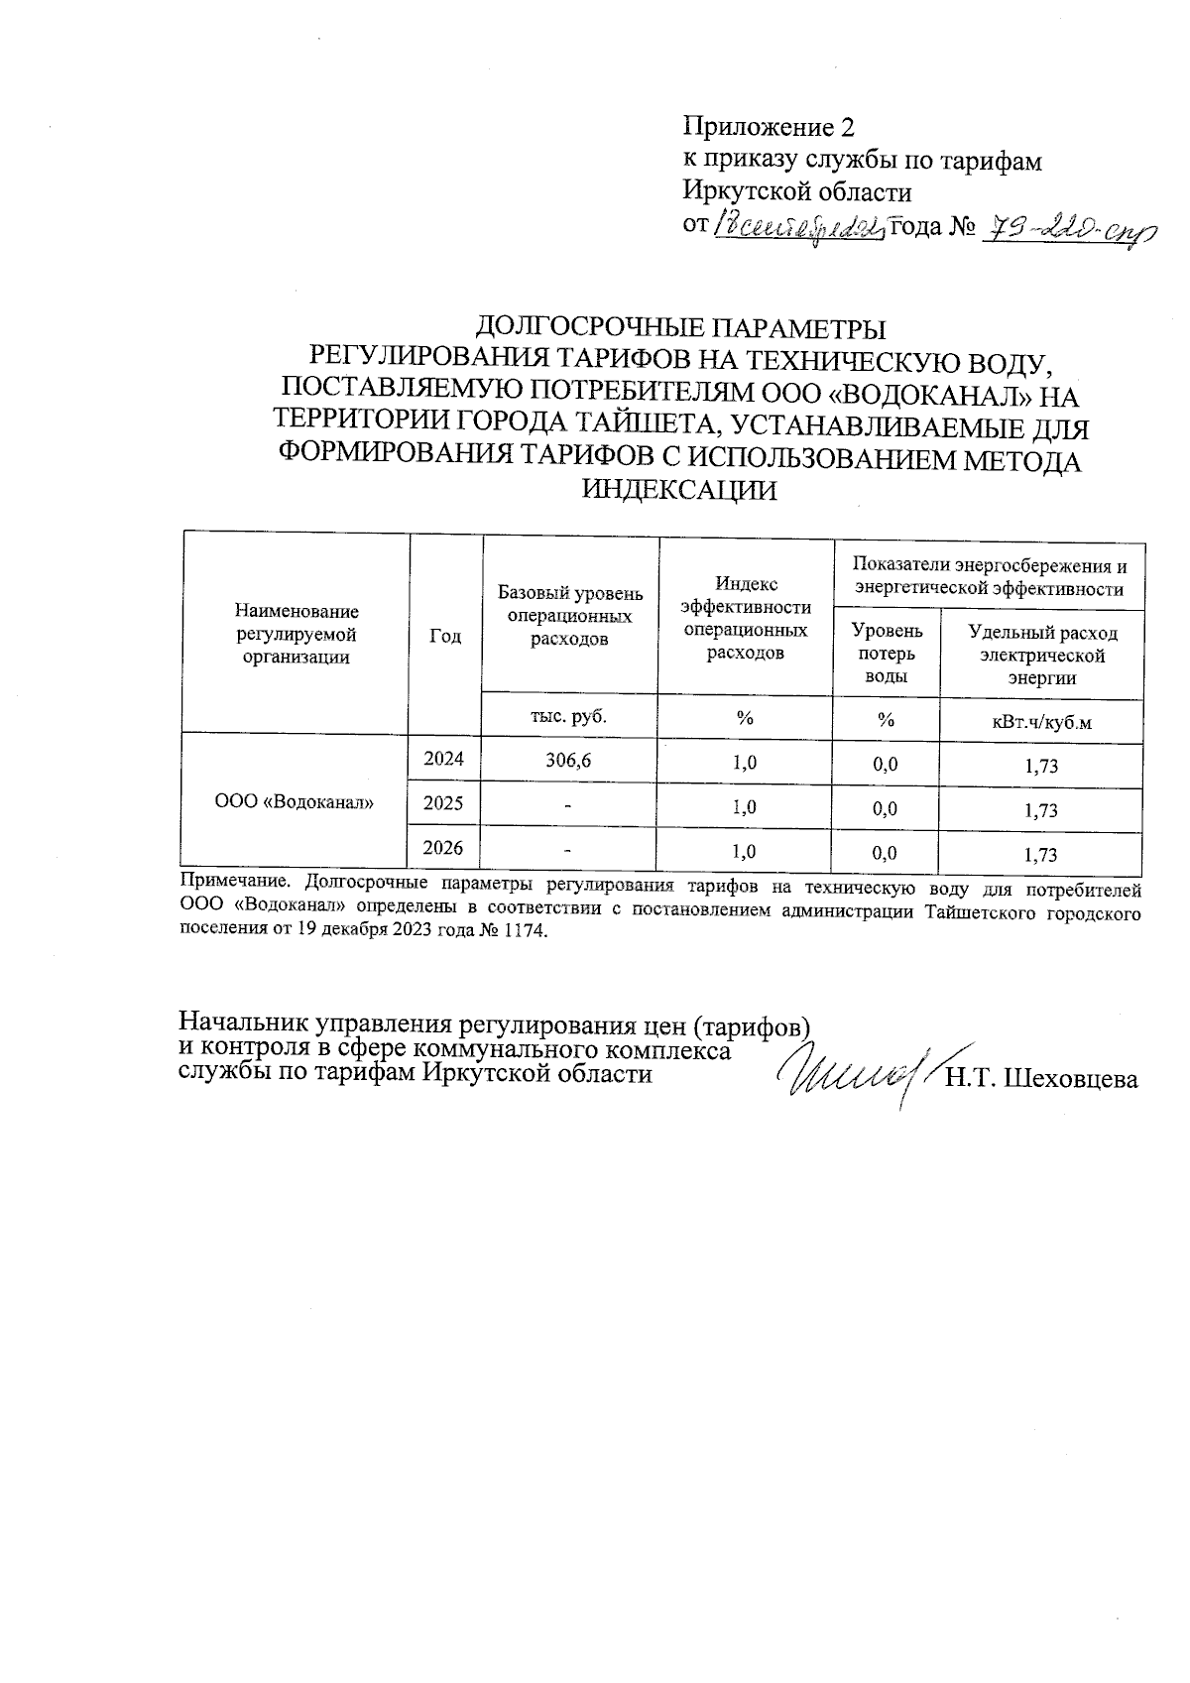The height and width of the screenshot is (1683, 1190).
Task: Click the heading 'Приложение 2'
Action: coord(767,127)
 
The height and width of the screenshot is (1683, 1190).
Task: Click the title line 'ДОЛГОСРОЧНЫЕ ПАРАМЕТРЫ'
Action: coord(681,327)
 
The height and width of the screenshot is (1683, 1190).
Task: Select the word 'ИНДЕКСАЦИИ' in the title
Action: coord(680,490)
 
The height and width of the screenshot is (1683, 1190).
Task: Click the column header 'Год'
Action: coord(445,636)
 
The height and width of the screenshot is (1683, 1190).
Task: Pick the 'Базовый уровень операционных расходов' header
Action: coord(570,616)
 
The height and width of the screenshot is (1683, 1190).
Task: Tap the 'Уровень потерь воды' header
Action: coord(887,653)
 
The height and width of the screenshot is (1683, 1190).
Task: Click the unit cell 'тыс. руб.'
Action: coord(569,716)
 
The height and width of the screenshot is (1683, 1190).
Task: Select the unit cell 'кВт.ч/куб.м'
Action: coord(1041,722)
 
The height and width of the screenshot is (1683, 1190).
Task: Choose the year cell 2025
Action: coord(443,802)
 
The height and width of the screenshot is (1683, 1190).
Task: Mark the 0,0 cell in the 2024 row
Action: coord(886,764)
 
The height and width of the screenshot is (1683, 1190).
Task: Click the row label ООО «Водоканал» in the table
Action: coord(295,802)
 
